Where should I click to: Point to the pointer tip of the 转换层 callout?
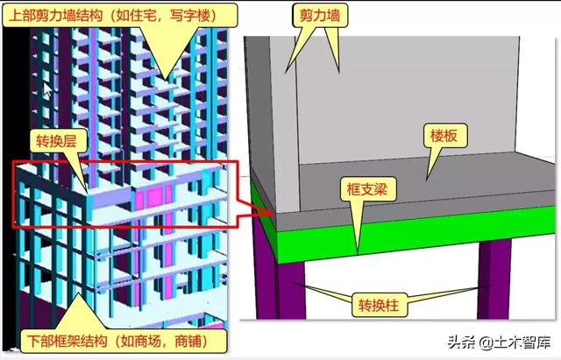(x=88, y=187)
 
